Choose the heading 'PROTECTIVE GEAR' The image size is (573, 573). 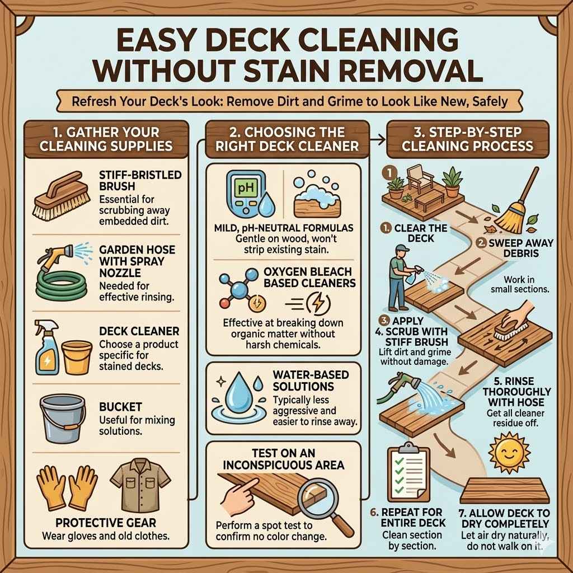pos(106,523)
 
